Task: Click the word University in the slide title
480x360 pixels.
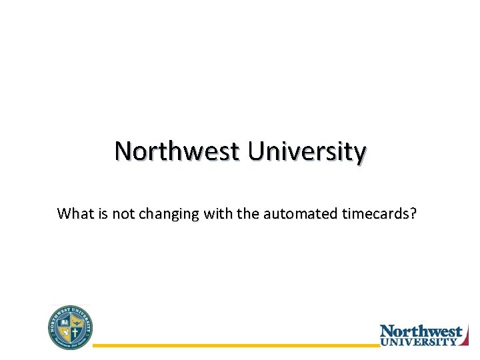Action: pyautogui.click(x=307, y=152)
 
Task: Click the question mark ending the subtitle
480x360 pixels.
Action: pyautogui.click(x=413, y=214)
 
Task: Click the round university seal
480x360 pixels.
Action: pyautogui.click(x=71, y=327)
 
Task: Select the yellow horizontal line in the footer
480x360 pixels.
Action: pyautogui.click(x=233, y=345)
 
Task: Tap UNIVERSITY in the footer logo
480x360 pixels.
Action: pyautogui.click(x=419, y=341)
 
